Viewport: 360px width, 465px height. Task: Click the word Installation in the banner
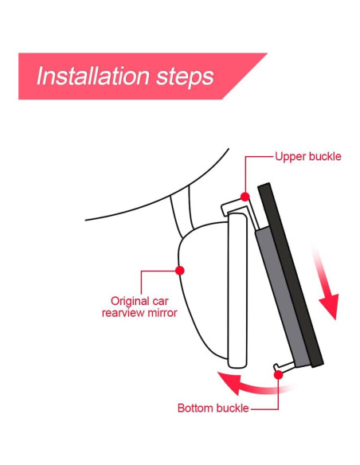pyautogui.click(x=92, y=76)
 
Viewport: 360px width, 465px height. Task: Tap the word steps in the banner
pyautogui.click(x=185, y=77)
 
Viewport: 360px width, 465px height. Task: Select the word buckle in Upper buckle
pyautogui.click(x=325, y=156)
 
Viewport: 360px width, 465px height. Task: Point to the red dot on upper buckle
pyautogui.click(x=245, y=197)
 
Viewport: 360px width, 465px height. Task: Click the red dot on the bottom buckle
pyautogui.click(x=279, y=375)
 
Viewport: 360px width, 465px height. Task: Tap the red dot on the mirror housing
pyautogui.click(x=180, y=271)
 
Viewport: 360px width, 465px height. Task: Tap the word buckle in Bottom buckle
pyautogui.click(x=233, y=408)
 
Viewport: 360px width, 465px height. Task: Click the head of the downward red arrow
pyautogui.click(x=330, y=306)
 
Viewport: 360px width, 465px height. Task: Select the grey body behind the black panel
pyautogui.click(x=282, y=296)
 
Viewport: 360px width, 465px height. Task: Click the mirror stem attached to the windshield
pyautogui.click(x=182, y=212)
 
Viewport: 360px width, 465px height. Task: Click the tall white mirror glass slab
pyautogui.click(x=237, y=291)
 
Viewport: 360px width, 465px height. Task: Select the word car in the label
pyautogui.click(x=161, y=302)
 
